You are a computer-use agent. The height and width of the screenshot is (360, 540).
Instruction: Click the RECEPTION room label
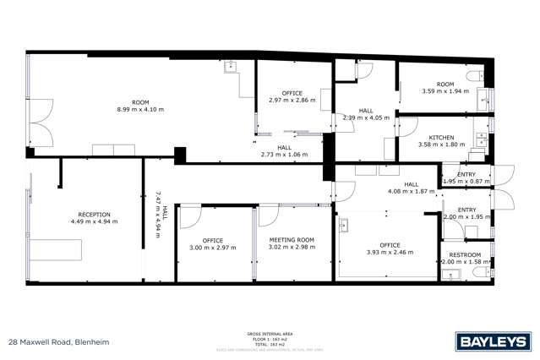(x=95, y=214)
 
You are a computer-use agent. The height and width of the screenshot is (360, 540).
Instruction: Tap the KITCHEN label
(x=441, y=137)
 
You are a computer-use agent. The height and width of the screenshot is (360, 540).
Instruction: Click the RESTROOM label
(x=465, y=254)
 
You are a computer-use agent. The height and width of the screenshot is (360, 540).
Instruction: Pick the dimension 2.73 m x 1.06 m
(x=285, y=155)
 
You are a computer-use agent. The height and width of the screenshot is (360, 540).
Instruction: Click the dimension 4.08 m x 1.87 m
(x=411, y=191)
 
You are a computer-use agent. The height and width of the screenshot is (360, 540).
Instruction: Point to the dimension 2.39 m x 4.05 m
(x=366, y=117)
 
